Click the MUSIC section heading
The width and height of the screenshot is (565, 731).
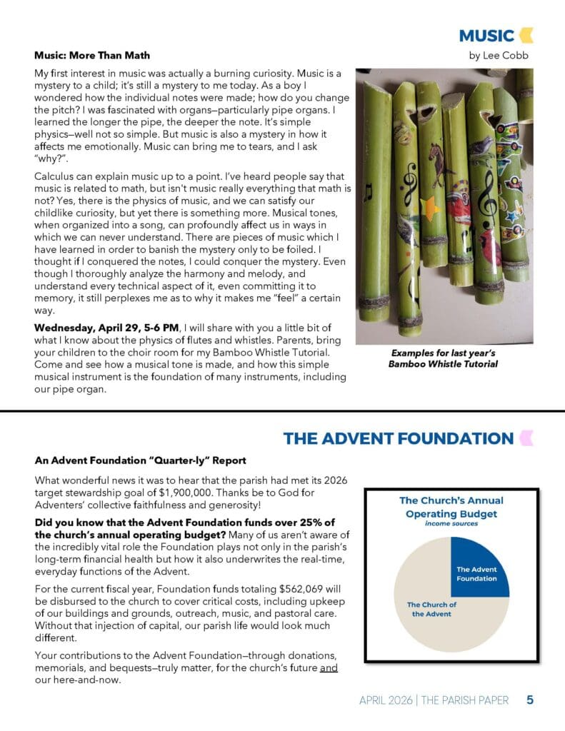486,36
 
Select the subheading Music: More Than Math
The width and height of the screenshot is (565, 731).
92,55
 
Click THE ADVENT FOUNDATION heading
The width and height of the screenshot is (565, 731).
398,438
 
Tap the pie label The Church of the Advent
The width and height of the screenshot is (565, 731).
431,609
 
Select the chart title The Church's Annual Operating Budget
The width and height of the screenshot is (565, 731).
451,507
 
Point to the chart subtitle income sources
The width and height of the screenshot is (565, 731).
451,523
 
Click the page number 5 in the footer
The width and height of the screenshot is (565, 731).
530,700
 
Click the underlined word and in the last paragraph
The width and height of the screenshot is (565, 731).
329,667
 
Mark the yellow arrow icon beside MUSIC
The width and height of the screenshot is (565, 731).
526,35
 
